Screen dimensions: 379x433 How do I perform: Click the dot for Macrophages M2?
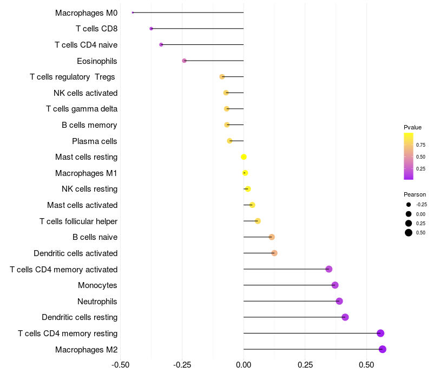[383, 349]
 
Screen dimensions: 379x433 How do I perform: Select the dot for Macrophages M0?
[133, 12]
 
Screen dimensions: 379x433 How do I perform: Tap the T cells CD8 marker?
[151, 29]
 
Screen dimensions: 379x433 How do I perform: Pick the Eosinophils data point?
[185, 61]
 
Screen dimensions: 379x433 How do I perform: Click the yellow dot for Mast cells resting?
[244, 157]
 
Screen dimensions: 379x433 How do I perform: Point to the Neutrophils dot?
[339, 302]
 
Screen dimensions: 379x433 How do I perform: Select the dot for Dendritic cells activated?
[274, 253]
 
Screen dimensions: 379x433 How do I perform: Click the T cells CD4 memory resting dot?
[380, 334]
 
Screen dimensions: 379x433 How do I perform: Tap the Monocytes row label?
[97, 285]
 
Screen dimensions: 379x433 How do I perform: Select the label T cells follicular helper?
[78, 221]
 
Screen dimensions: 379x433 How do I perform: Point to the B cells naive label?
[95, 237]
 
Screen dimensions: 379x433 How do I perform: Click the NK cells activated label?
[86, 93]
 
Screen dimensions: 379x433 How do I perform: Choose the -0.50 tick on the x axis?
[120, 364]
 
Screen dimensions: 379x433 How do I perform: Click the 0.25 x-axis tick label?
[305, 364]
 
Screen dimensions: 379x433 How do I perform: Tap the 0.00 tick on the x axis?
[244, 364]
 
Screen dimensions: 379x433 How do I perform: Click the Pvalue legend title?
[412, 127]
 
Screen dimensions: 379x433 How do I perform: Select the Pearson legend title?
[415, 194]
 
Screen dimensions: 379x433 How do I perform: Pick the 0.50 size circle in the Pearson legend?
[409, 233]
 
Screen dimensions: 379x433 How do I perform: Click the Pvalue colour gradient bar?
[409, 156]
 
